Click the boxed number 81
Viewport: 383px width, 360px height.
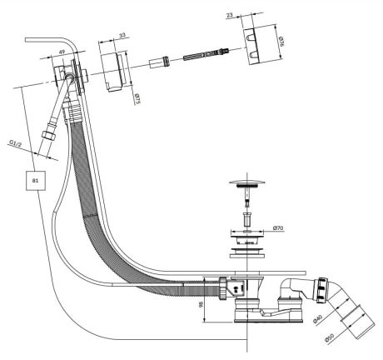(36, 181)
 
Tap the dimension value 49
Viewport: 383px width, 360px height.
(62, 52)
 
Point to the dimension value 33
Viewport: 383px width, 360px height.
(122, 35)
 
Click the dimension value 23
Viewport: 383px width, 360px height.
(230, 15)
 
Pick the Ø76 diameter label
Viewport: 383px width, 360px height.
(281, 41)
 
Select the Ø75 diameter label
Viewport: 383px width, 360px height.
(137, 99)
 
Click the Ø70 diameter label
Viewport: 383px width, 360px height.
(278, 228)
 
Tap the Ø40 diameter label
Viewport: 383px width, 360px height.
(317, 319)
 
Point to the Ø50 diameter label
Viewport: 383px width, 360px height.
(329, 338)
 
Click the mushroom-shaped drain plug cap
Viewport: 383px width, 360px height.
(246, 183)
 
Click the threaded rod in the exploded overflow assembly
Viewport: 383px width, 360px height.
(206, 55)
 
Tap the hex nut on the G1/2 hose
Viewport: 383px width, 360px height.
(48, 134)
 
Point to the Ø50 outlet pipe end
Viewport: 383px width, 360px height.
(358, 322)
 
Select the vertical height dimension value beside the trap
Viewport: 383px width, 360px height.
(201, 305)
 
